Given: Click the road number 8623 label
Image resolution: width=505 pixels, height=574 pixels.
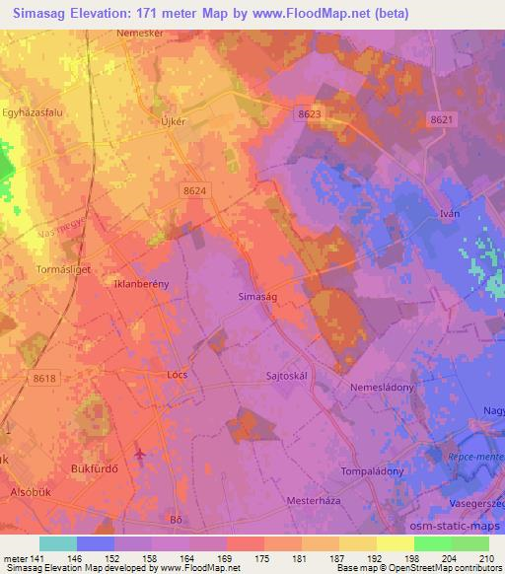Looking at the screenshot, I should pos(309,114).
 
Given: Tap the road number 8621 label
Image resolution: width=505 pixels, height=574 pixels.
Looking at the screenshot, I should pos(443,118).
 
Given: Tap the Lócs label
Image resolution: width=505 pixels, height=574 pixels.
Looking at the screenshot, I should pos(178,375).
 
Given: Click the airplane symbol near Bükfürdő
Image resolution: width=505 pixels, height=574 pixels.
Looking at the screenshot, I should pos(138,454).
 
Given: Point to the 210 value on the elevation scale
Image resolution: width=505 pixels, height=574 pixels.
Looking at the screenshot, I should pos(485,559).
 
